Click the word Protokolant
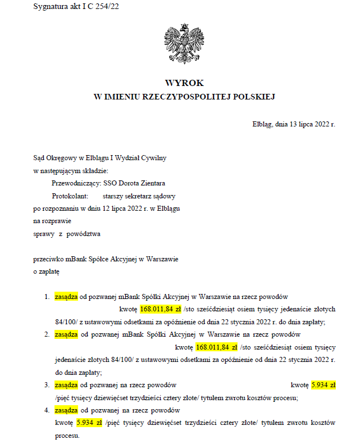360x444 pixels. (69, 197)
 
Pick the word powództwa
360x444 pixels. (83, 234)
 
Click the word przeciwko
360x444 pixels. (50, 259)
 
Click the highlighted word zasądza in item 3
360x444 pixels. (66, 385)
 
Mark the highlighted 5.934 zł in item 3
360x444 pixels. (323, 385)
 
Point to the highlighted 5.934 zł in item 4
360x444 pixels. (89, 423)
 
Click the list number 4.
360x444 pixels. (47, 410)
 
